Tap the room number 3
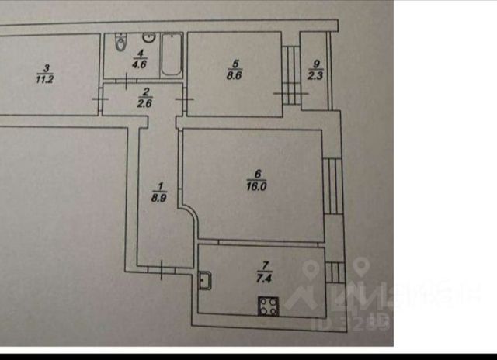pyautogui.click(x=47, y=67)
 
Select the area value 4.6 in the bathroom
pyautogui.click(x=141, y=66)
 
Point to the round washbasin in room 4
pyautogui.click(x=148, y=39)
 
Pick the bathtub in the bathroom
pyautogui.click(x=171, y=56)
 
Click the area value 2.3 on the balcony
pyautogui.click(x=314, y=76)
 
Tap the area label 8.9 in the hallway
pyautogui.click(x=160, y=197)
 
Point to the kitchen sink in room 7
pyautogui.click(x=204, y=279)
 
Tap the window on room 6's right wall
pyautogui.click(x=332, y=186)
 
